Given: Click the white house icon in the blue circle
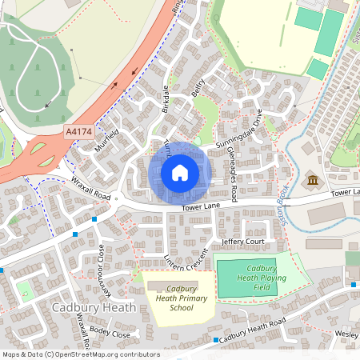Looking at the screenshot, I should (x=180, y=173).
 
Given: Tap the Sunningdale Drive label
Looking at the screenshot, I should (x=239, y=131).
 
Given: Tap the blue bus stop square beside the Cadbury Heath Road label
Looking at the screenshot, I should (x=217, y=340).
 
